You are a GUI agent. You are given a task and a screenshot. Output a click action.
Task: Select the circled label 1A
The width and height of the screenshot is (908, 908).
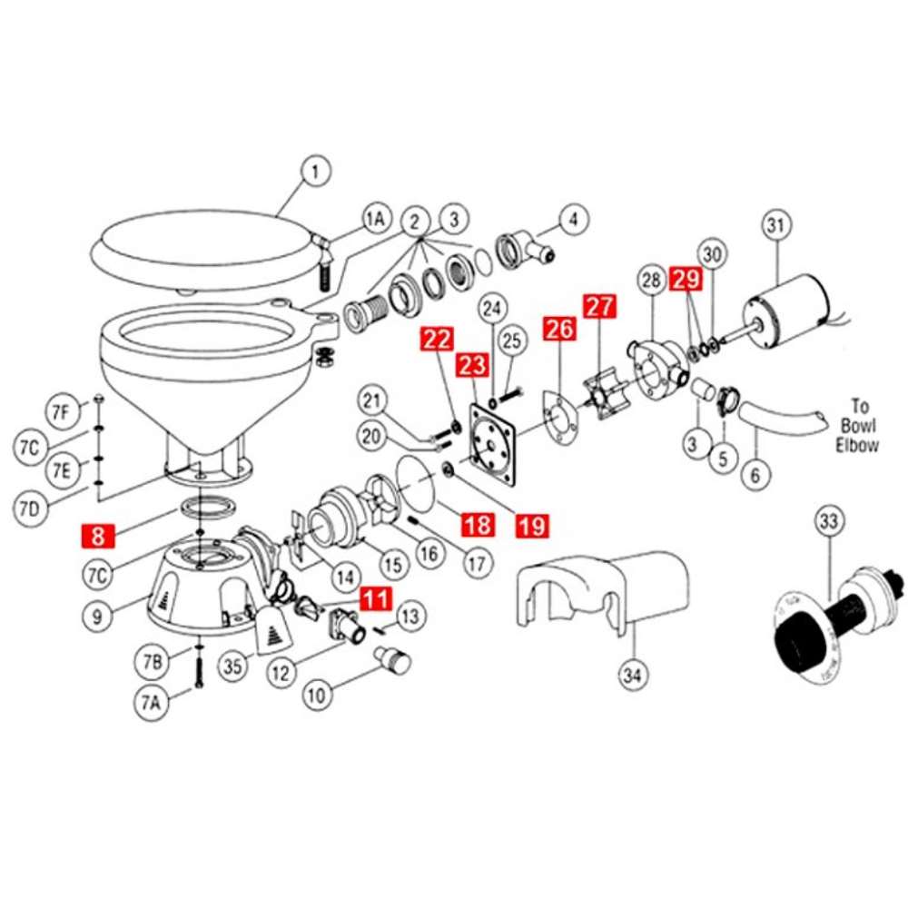(375, 219)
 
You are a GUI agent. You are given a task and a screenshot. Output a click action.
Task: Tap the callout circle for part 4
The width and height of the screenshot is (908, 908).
(573, 219)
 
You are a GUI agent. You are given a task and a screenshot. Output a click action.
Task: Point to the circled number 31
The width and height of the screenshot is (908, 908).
(777, 224)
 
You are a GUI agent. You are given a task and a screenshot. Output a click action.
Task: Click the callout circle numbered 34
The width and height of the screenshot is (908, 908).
(631, 675)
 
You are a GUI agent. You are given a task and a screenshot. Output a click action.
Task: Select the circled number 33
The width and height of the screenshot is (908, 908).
(829, 522)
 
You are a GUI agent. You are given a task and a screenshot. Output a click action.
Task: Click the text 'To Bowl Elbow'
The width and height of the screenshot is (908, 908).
(856, 426)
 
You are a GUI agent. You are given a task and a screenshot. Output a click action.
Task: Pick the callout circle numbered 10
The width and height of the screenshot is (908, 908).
(316, 697)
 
